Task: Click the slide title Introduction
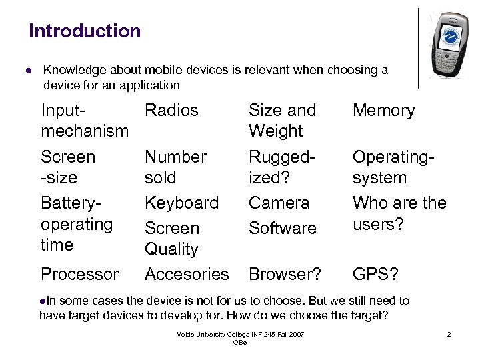tap(85, 31)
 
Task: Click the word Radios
tap(171, 110)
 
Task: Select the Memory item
tap(383, 110)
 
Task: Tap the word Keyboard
tap(181, 203)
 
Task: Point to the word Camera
tap(279, 203)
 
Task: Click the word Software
tap(282, 228)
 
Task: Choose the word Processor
tap(79, 274)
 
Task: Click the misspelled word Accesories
tap(187, 274)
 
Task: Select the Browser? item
tap(285, 274)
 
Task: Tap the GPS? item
tap(376, 274)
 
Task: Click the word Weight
tap(275, 131)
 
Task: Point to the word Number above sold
tap(175, 157)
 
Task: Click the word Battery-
tap(73, 203)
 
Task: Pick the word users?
tap(378, 224)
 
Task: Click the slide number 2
tap(449, 334)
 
